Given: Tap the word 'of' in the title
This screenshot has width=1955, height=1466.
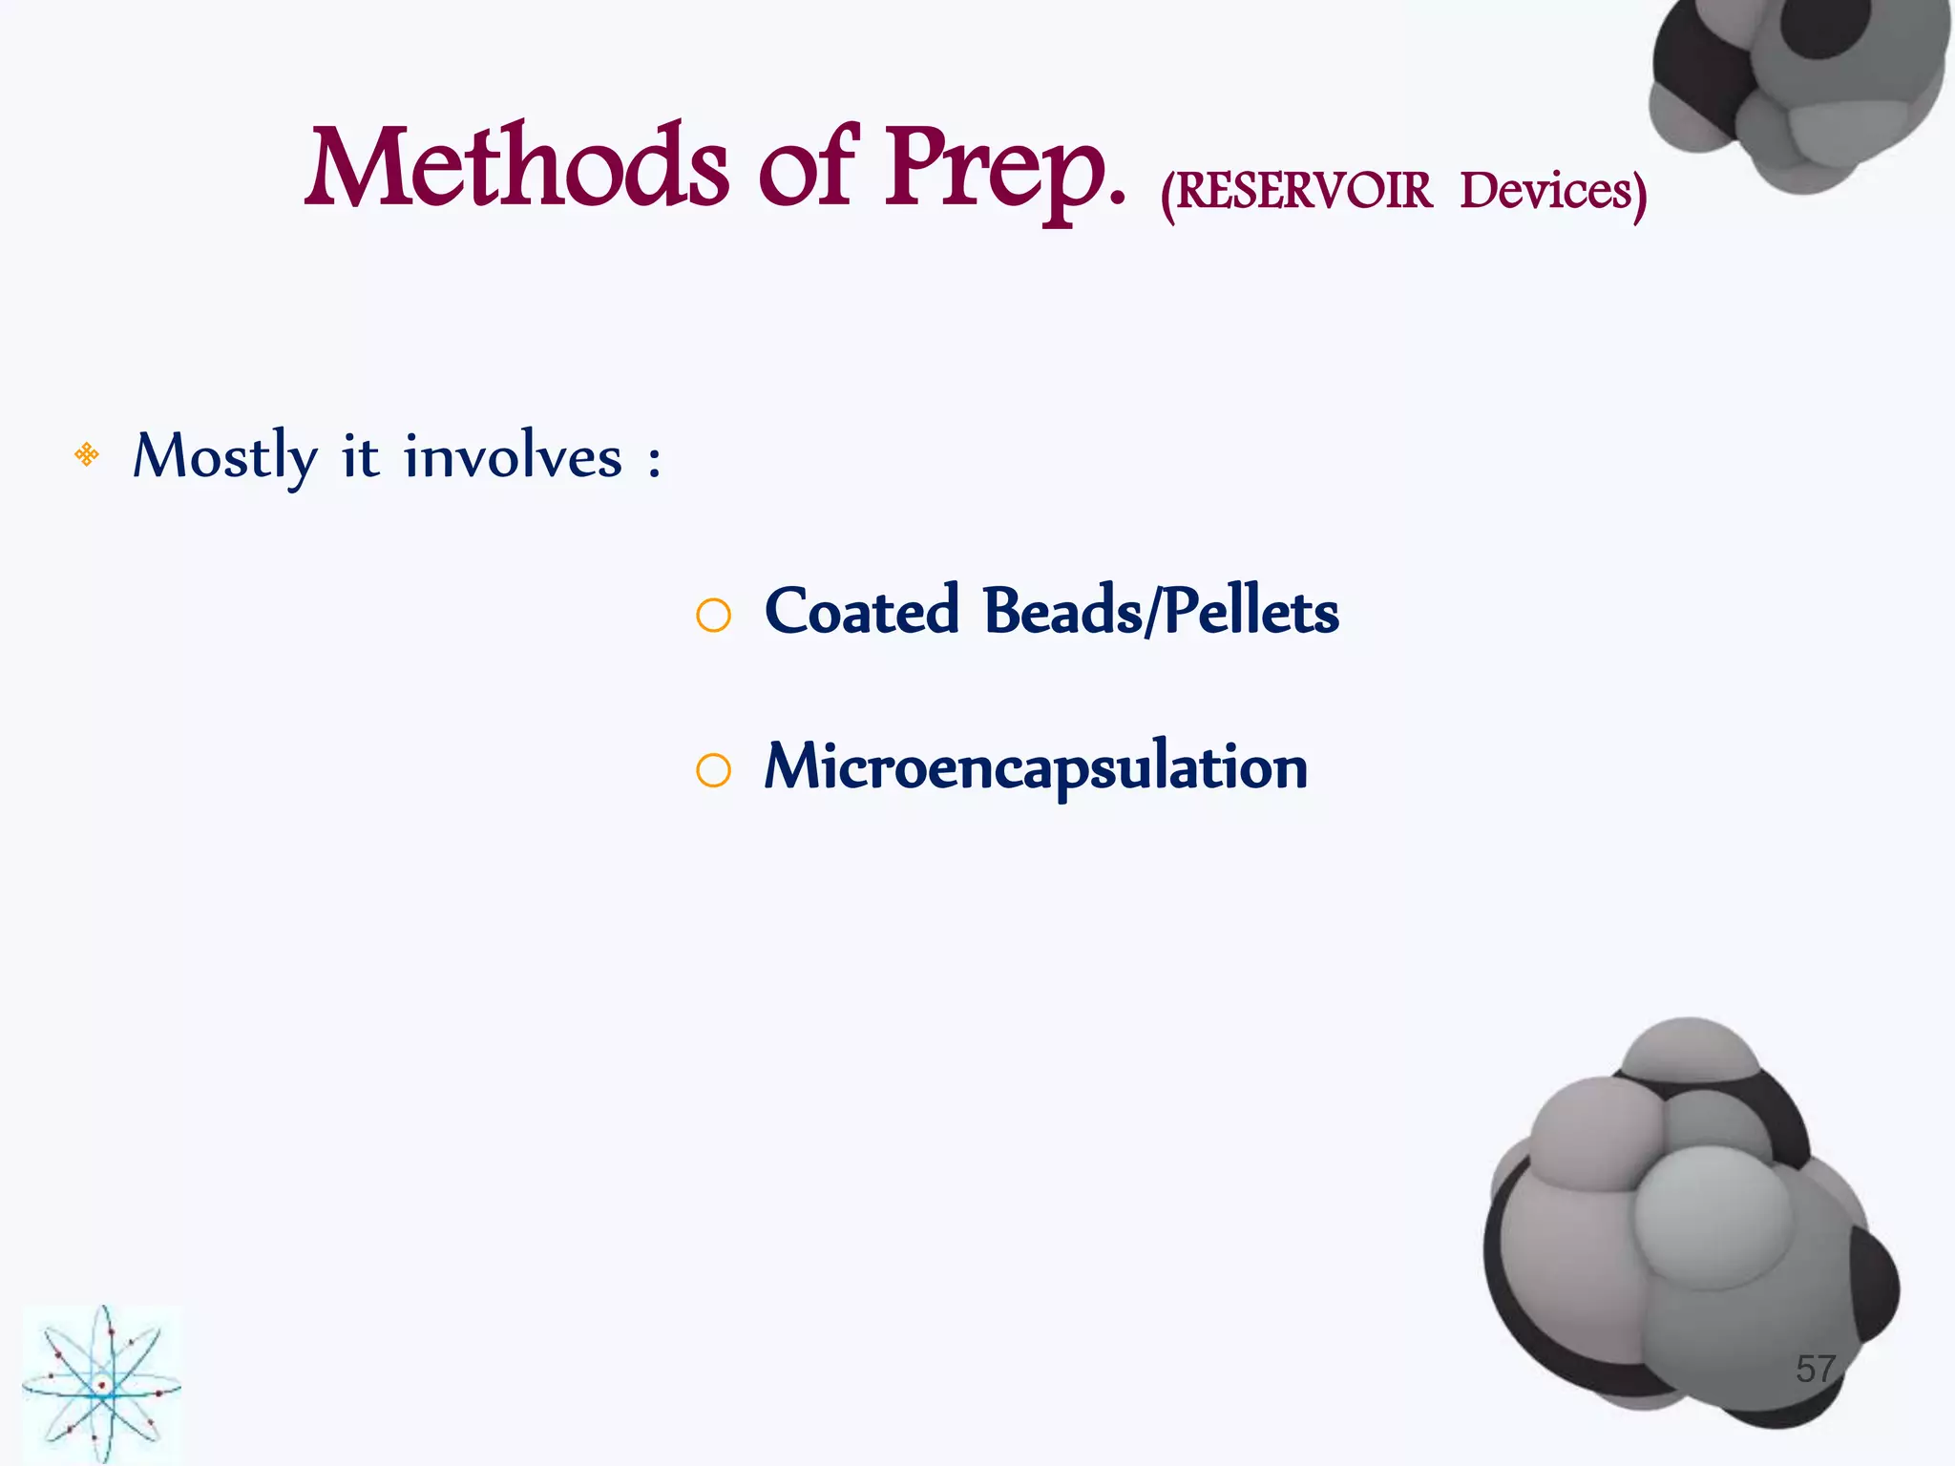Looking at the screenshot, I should coord(808,169).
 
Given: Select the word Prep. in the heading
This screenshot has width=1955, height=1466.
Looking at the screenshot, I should coord(1004,172).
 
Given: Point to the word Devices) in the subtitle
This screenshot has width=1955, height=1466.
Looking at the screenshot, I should coord(1552,193).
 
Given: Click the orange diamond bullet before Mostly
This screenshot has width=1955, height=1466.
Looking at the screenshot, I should coord(87,454).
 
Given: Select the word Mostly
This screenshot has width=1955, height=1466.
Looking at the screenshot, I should coord(224,456).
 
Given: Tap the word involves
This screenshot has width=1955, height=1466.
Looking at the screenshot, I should coord(513,456).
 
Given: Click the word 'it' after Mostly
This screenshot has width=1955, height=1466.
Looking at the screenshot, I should coord(361,456).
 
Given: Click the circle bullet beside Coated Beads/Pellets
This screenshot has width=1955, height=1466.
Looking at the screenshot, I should coord(713,616).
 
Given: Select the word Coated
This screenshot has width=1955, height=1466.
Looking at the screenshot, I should coord(862,611).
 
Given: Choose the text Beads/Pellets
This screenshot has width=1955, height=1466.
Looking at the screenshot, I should coord(1161,611).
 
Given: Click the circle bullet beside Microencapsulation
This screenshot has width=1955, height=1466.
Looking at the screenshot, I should coord(713,770).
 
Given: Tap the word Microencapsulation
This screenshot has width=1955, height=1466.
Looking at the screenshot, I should coord(1036,767).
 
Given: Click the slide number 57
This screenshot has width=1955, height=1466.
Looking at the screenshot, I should coord(1816,1369).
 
